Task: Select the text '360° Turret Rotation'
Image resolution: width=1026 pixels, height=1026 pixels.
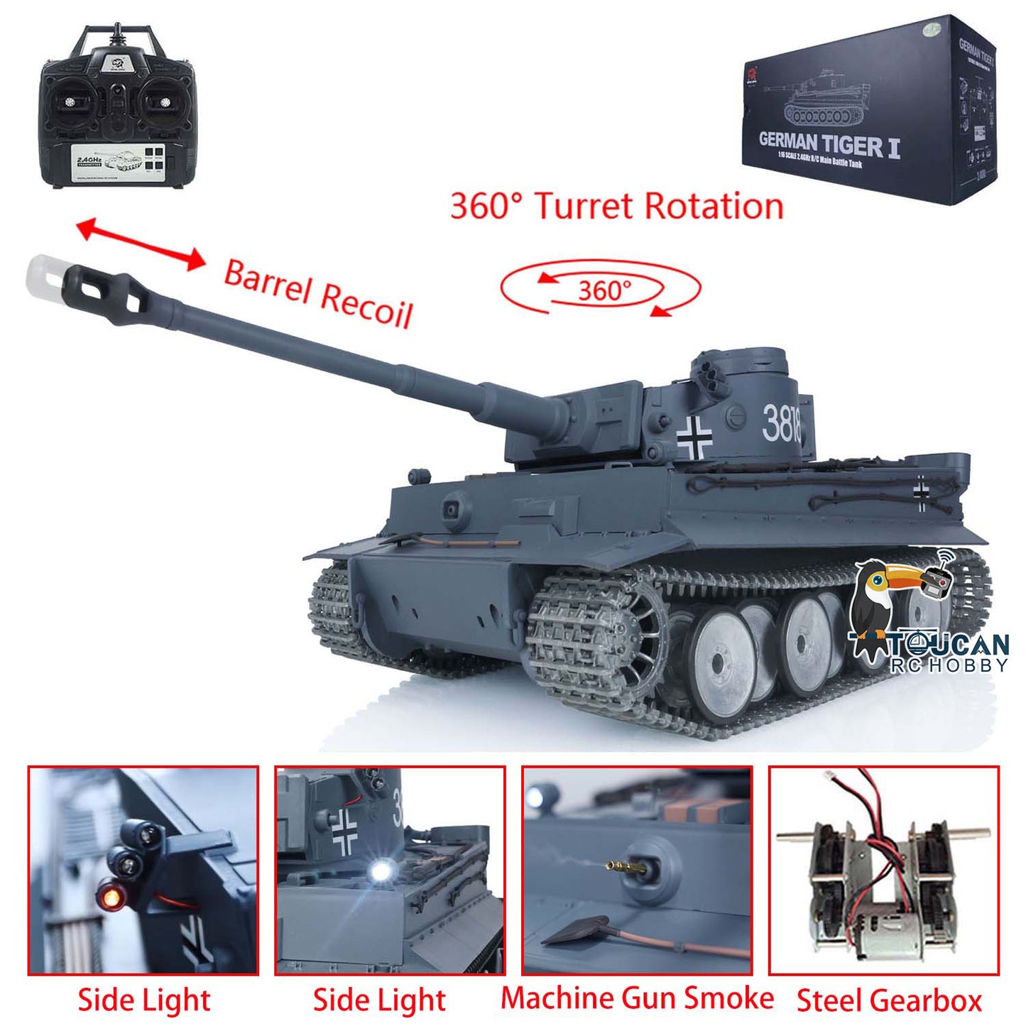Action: (x=616, y=207)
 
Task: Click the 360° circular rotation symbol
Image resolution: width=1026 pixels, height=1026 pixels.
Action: (x=601, y=289)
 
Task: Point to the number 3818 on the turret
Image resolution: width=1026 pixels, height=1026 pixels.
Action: (x=781, y=423)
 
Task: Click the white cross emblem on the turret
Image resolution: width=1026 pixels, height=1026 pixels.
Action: (x=694, y=436)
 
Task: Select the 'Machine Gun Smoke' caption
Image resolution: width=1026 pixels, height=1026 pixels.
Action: (x=637, y=998)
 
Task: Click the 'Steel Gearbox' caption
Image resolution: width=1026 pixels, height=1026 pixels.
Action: (x=889, y=1000)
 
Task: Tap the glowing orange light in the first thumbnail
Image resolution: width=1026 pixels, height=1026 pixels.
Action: (x=110, y=899)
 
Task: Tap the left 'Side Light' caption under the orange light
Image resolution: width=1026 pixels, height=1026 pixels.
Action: (x=144, y=1000)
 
